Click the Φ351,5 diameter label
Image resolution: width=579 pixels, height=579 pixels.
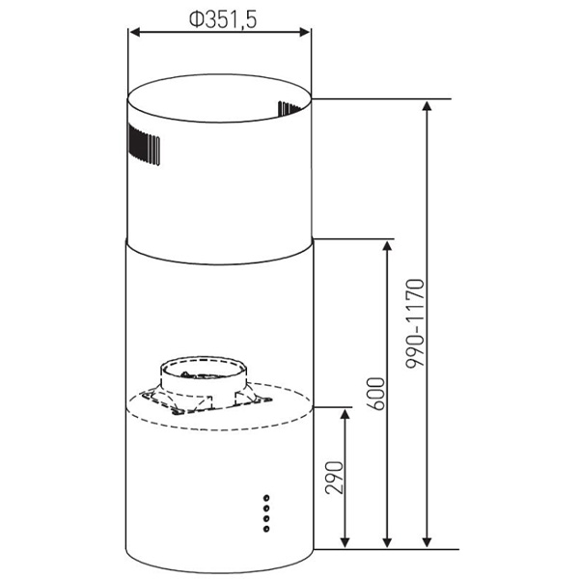click(x=223, y=19)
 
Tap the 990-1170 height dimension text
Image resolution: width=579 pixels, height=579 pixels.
click(x=415, y=323)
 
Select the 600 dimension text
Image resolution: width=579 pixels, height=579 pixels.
click(x=375, y=394)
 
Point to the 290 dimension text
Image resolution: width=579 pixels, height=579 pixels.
click(x=334, y=478)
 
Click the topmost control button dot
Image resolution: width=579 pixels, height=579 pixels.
click(x=266, y=498)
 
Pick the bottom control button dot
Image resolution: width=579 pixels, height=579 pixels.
click(x=266, y=529)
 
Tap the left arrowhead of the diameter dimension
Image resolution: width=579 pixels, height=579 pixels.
click(x=135, y=33)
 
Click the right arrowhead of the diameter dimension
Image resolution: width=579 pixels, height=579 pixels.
click(x=305, y=33)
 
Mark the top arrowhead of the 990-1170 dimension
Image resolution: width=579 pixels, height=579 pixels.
click(x=427, y=106)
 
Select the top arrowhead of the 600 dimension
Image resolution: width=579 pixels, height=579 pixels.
click(x=387, y=246)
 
